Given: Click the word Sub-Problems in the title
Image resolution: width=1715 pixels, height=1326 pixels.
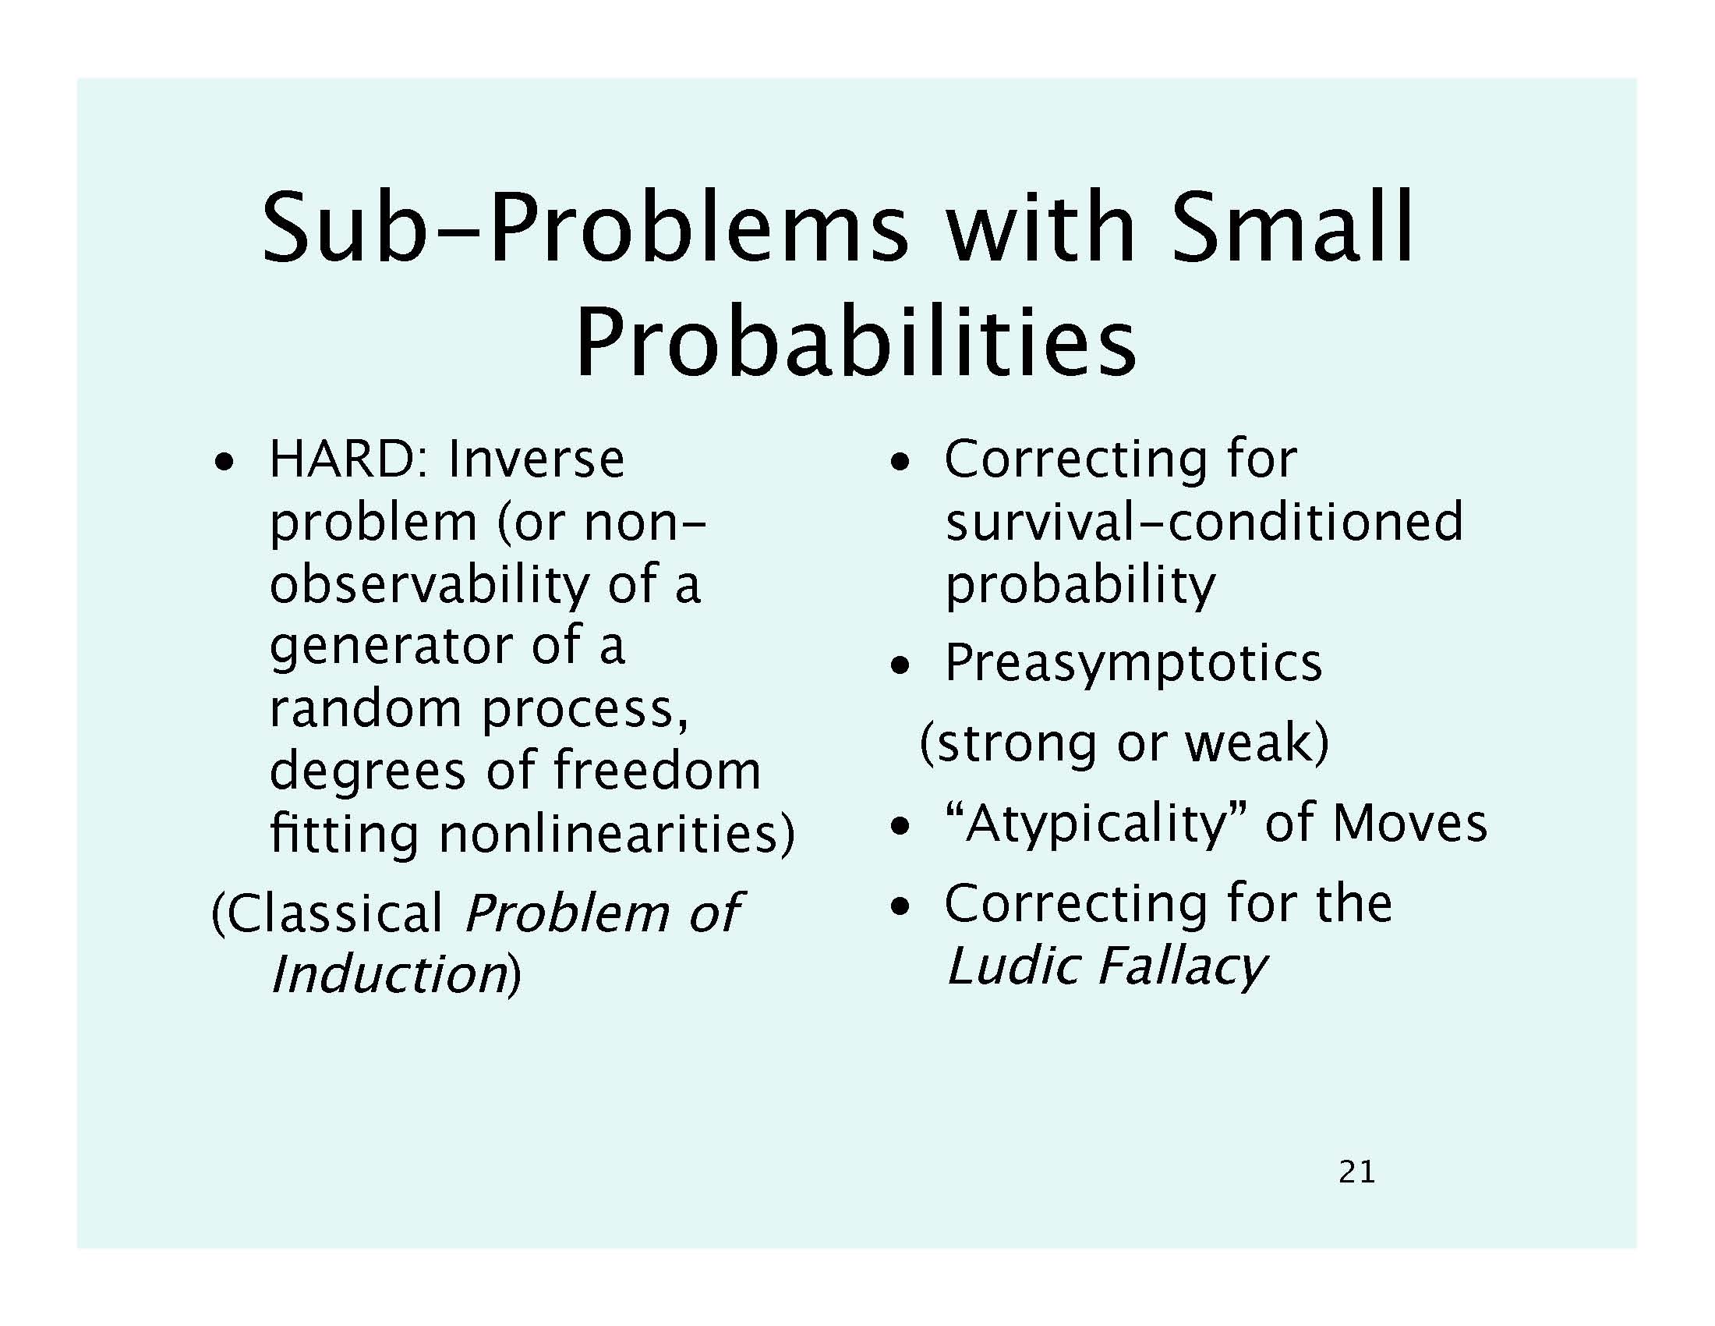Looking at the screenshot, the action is [x=585, y=228].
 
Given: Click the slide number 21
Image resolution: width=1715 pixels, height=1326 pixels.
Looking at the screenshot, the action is [x=1357, y=1172].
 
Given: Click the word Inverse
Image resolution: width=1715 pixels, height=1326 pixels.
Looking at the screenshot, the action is [x=536, y=459].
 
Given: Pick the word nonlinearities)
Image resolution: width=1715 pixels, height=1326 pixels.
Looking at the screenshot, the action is [x=617, y=834].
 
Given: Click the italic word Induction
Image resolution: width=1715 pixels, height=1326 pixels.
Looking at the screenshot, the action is [x=389, y=975].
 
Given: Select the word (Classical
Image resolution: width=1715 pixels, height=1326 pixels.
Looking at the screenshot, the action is [x=328, y=913].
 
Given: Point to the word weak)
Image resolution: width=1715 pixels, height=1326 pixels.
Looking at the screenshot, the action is [x=1257, y=742].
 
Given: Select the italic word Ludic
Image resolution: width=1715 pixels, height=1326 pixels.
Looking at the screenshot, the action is [x=1013, y=966].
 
